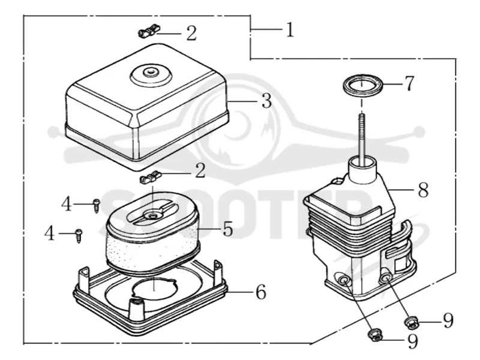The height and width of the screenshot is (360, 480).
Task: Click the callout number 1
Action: coord(290,30)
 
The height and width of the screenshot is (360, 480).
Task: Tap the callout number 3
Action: coord(266,101)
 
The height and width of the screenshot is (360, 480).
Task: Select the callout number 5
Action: coord(227,229)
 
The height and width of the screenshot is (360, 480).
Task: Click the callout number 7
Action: coord(409,83)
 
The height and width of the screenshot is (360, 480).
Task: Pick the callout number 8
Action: coord(423,190)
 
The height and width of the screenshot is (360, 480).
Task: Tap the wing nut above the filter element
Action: coord(151,178)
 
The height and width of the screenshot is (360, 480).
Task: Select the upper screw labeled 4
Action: coord(97,205)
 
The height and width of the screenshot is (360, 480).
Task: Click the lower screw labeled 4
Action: coord(79,236)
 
